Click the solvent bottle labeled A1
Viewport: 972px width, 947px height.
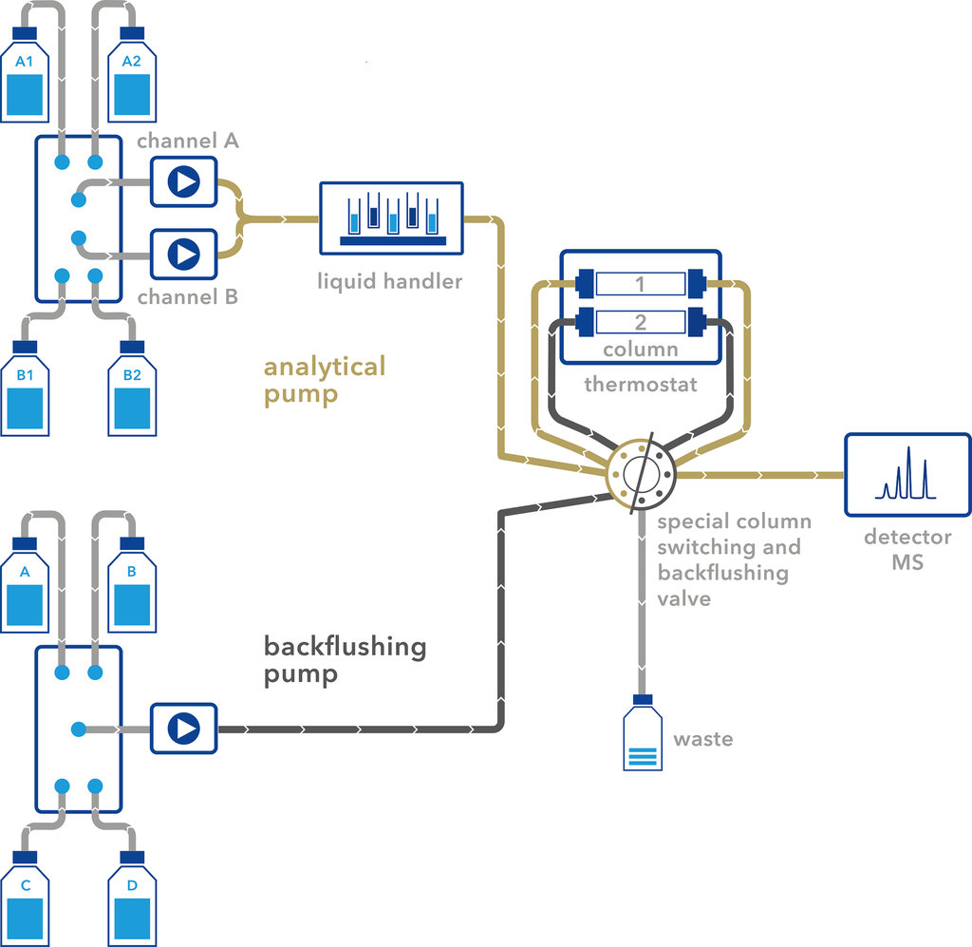coord(26,81)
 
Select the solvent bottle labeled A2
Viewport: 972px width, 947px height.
coord(132,81)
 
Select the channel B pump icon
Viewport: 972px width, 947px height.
coord(184,254)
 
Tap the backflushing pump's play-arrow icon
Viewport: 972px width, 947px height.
coord(184,729)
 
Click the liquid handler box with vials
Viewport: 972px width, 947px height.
coord(392,218)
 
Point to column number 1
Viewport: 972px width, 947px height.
coord(640,283)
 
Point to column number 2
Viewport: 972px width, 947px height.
coord(640,323)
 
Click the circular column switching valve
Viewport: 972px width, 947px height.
coord(641,473)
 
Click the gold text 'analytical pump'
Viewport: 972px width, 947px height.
coord(324,380)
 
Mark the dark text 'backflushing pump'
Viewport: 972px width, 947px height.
coord(344,660)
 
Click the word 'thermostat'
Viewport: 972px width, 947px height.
coord(640,385)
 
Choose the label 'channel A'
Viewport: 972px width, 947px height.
coord(188,142)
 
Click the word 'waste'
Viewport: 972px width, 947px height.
coord(703,739)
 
